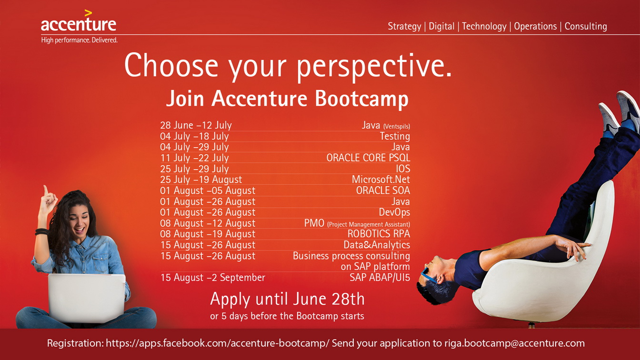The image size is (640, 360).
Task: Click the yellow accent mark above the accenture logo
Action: point(88,13)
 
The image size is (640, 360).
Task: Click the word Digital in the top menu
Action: point(441,27)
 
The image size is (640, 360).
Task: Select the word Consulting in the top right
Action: point(586,27)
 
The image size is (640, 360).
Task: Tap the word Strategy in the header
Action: point(404,27)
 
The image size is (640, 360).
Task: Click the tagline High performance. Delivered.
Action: point(80,40)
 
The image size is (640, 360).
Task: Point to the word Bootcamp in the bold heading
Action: point(362,99)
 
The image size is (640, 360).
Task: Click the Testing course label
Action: point(395,136)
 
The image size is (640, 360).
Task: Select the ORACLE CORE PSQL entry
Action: point(368,158)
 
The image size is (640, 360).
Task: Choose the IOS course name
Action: point(403,169)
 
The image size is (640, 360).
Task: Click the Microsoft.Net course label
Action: point(381,180)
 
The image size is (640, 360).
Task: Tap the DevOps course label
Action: point(394,212)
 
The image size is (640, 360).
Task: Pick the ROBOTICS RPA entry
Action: point(379,234)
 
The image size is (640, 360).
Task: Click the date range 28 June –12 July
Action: point(196,125)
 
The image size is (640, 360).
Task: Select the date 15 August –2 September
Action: point(213,278)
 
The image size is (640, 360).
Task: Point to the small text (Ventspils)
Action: point(397,126)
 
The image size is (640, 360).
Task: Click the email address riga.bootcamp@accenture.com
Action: point(514,343)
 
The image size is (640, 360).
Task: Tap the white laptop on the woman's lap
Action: point(87,298)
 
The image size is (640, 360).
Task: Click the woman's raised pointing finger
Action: point(45,190)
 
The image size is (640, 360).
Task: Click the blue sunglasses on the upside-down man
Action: point(428,275)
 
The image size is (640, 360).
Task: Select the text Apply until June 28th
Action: point(288,299)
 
